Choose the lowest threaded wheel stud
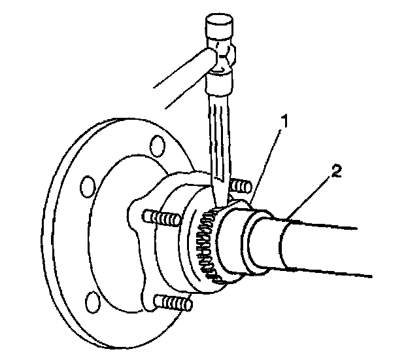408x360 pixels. click(x=175, y=302)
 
